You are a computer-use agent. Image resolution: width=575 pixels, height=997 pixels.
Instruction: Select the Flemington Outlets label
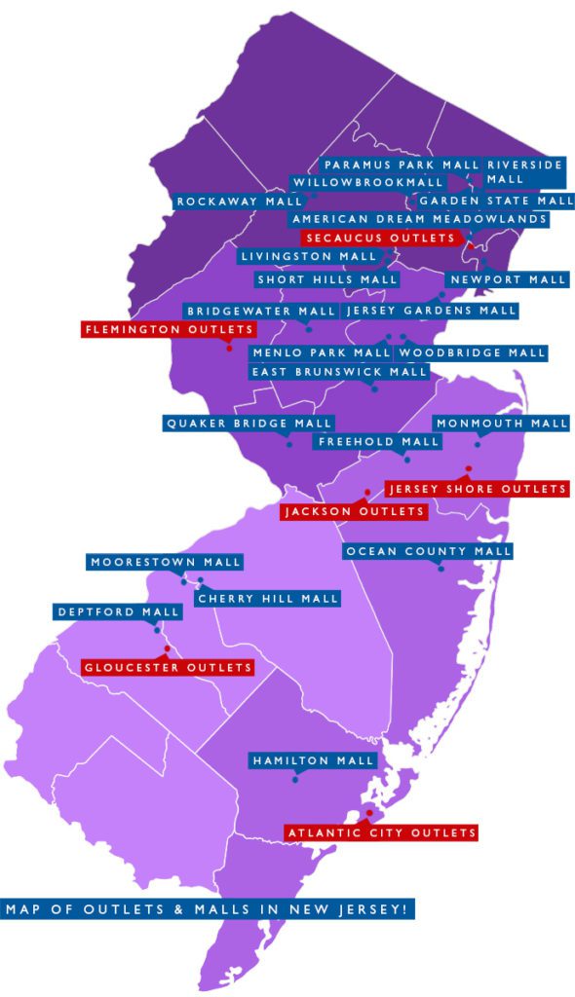[x=170, y=329]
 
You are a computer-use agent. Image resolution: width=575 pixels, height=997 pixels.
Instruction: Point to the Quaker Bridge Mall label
[x=249, y=424]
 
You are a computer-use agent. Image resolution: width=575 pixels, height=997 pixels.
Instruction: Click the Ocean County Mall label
[x=428, y=551]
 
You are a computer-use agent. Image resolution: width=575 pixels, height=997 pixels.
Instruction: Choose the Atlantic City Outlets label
[x=381, y=832]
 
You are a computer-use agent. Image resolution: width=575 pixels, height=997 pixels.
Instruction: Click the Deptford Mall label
[x=118, y=612]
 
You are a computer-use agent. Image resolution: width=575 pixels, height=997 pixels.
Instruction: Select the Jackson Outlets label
[x=354, y=511]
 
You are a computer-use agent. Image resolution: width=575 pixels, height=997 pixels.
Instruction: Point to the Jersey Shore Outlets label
[x=477, y=488]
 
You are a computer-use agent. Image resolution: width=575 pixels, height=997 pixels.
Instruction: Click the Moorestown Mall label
[x=165, y=562]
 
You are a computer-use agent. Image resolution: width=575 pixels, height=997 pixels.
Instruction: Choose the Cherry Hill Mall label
[x=267, y=598]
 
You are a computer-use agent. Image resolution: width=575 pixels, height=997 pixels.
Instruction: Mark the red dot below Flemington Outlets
[x=229, y=348]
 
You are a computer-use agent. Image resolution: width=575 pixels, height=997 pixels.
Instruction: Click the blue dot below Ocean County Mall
[x=441, y=568]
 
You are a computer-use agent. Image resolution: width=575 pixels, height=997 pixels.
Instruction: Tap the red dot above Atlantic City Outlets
[x=369, y=813]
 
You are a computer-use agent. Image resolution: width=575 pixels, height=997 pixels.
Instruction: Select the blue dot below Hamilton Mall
[x=295, y=776]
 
